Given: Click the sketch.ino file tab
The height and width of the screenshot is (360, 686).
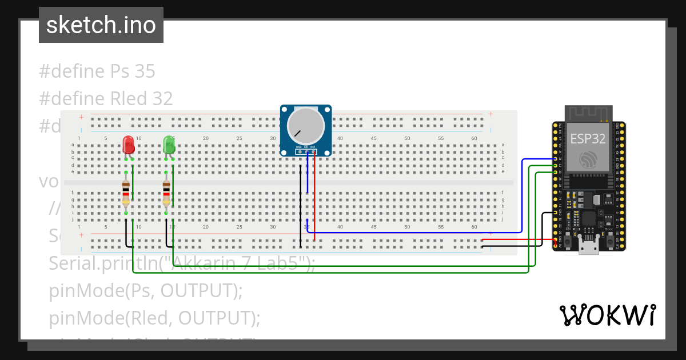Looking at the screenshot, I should coord(101,25).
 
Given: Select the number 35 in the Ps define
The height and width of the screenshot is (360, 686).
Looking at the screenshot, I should coord(145,71).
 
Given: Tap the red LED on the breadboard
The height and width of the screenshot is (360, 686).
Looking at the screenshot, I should coord(129,144).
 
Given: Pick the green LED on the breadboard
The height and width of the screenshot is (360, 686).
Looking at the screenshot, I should coord(169,144).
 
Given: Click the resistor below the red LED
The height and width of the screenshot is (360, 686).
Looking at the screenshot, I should coord(126,193).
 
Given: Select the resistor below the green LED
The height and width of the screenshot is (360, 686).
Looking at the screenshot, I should coord(166,193).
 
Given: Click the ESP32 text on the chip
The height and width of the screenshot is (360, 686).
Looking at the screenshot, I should coord(588,139).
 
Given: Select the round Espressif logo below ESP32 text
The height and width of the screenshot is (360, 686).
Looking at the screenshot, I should coord(588,161).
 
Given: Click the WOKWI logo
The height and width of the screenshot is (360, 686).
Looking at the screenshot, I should coord(607,315).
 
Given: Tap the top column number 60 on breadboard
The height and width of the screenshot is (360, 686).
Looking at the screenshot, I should coord(474,139).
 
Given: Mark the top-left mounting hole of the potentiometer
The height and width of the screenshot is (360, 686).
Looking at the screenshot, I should coord(285,110).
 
